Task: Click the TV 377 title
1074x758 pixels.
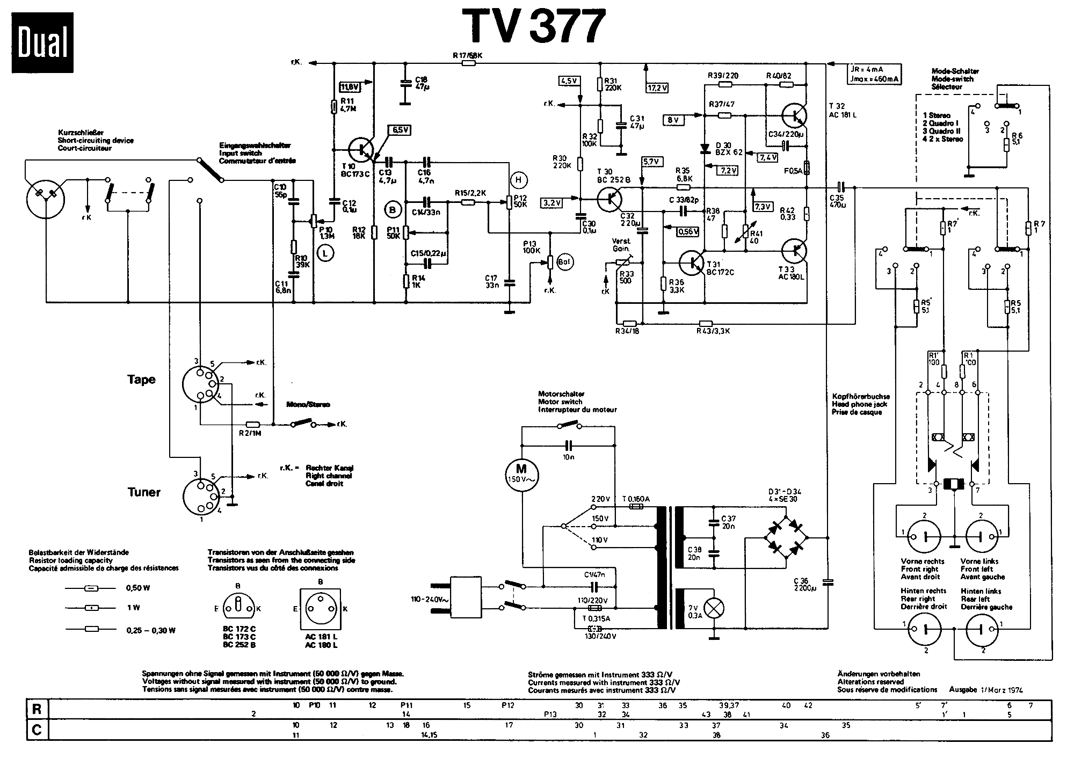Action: [534, 25]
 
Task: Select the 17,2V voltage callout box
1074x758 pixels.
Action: [657, 87]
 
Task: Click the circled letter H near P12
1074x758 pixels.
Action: [519, 180]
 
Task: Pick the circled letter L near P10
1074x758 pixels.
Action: [325, 252]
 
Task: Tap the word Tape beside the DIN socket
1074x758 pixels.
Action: [141, 380]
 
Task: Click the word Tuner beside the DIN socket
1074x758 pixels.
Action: [143, 492]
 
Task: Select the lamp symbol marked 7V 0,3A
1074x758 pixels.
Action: [713, 608]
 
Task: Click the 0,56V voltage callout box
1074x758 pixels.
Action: [687, 231]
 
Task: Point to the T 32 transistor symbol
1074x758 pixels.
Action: [794, 114]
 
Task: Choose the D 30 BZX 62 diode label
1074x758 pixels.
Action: [729, 149]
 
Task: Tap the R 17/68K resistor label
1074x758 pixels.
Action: [468, 55]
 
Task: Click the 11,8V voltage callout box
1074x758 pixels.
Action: [350, 86]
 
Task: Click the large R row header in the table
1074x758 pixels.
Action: [37, 709]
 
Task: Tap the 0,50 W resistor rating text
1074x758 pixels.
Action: [138, 588]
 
